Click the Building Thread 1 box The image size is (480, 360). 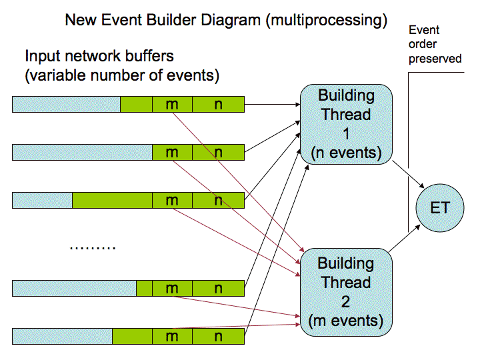(346, 124)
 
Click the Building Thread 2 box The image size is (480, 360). (346, 292)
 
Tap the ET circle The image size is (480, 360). (439, 208)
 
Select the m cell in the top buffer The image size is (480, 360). (172, 105)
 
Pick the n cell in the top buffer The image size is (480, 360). (218, 105)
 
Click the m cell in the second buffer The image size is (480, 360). (172, 153)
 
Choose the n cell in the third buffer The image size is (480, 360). (218, 201)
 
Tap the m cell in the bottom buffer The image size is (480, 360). (172, 337)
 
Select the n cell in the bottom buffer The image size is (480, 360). (218, 337)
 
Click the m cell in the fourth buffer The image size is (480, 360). (172, 289)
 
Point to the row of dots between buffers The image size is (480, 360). (93, 247)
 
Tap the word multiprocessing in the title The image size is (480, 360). (326, 21)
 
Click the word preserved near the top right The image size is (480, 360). (435, 59)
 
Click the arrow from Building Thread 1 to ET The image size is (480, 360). (408, 174)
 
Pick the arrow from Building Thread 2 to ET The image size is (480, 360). (405, 239)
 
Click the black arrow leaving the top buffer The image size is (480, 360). (272, 105)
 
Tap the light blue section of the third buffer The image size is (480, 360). (42, 201)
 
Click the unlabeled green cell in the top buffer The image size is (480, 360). (136, 105)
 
